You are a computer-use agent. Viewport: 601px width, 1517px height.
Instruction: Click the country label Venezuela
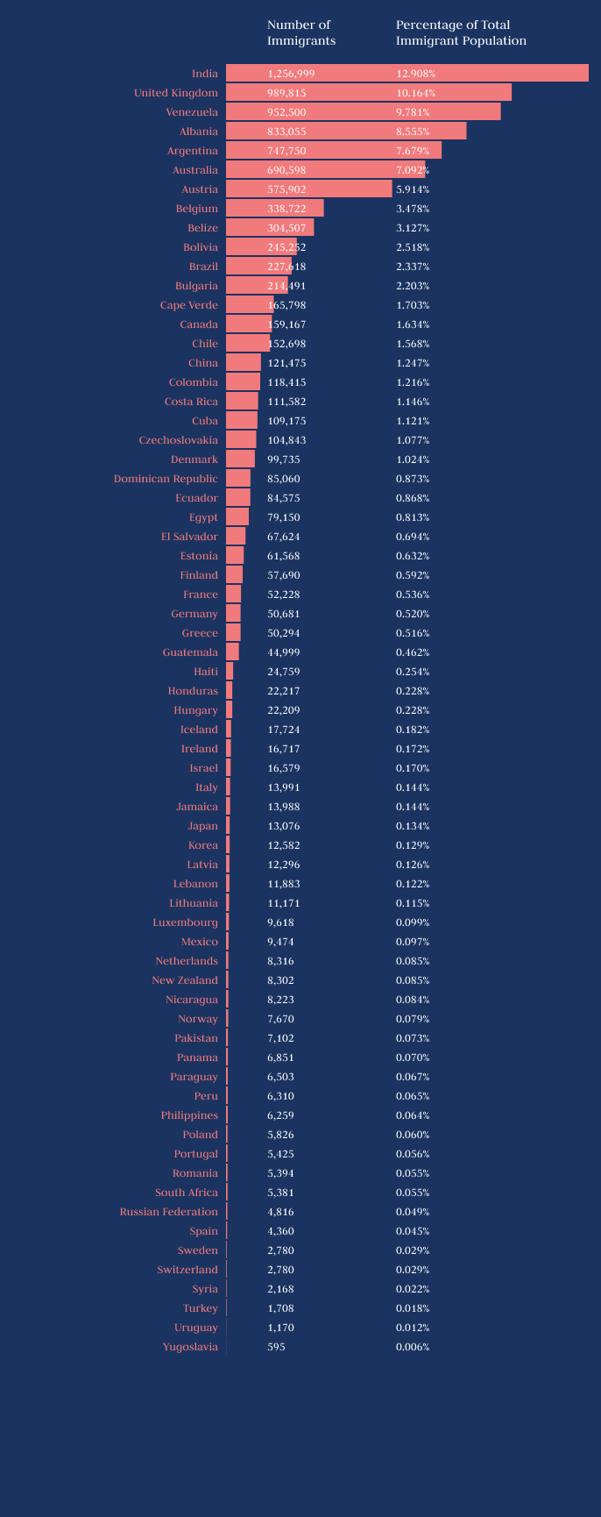point(192,112)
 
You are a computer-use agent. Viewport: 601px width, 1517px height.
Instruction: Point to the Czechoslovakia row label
point(179,440)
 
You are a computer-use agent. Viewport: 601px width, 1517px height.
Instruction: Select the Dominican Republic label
point(166,479)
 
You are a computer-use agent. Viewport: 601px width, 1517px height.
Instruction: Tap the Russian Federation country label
point(169,1212)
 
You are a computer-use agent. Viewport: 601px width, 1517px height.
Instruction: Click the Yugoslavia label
point(190,1347)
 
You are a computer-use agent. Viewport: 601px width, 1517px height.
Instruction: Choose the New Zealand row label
point(185,980)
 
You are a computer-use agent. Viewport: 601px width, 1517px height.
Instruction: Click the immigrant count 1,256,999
point(291,74)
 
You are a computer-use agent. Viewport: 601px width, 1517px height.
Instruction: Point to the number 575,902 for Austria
point(286,189)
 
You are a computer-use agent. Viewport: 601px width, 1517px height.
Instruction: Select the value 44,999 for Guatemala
point(284,652)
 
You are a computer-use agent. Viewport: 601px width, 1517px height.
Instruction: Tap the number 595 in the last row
point(276,1347)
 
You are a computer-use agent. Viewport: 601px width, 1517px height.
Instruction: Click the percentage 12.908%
point(415,74)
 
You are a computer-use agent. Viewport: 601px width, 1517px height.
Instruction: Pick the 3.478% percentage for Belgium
point(413,209)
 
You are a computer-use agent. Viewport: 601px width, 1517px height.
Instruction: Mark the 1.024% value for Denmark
point(413,459)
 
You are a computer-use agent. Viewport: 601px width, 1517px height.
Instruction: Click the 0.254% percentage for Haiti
point(413,672)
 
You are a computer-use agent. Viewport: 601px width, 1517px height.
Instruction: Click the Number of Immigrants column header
point(301,32)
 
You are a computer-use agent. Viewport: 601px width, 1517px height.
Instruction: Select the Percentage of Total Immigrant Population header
point(461,32)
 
